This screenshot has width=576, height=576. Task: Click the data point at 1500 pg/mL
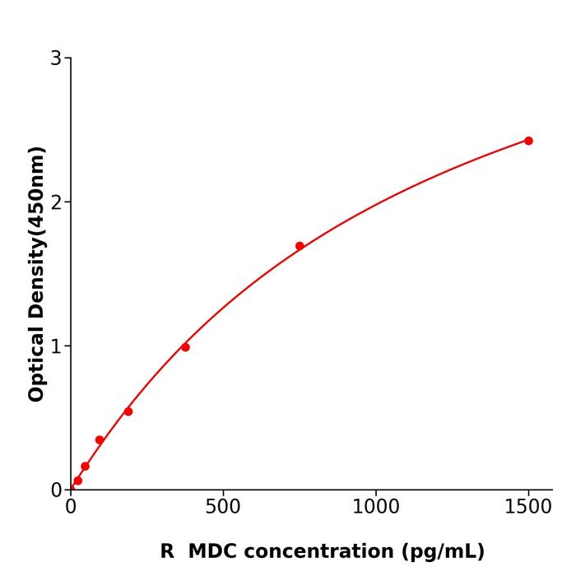pyautogui.click(x=528, y=141)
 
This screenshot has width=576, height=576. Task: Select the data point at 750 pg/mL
pyautogui.click(x=300, y=246)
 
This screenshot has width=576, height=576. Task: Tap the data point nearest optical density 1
pyautogui.click(x=185, y=347)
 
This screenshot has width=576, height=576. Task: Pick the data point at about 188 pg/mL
pyautogui.click(x=128, y=411)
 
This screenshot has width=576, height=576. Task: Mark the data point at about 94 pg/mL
pyautogui.click(x=100, y=440)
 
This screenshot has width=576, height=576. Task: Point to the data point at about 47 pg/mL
pyautogui.click(x=85, y=467)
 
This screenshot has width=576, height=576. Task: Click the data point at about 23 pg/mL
pyautogui.click(x=77, y=481)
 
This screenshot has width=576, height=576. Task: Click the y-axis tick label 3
pyautogui.click(x=56, y=58)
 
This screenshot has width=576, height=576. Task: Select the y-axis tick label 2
pyautogui.click(x=56, y=202)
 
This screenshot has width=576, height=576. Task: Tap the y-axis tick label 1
pyautogui.click(x=56, y=346)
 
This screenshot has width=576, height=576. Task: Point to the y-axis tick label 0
pyautogui.click(x=56, y=490)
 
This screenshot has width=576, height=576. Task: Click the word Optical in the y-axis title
pyautogui.click(x=36, y=363)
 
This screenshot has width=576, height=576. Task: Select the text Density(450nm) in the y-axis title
pyautogui.click(x=36, y=233)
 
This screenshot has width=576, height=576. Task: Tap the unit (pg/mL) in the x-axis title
pyautogui.click(x=444, y=551)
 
